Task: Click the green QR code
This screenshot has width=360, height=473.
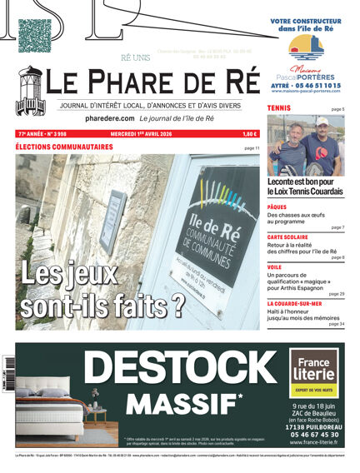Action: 35,35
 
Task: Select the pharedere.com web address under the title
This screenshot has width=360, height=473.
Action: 109,119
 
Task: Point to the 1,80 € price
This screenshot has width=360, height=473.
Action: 250,134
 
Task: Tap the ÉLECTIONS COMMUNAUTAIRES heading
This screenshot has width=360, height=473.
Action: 64,147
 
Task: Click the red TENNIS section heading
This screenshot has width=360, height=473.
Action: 279,109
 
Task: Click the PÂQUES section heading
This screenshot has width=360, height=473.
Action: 277,207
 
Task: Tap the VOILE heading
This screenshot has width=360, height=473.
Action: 274,267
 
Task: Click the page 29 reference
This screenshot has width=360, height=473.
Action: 337,294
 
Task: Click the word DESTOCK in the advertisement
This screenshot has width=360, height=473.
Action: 182,367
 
